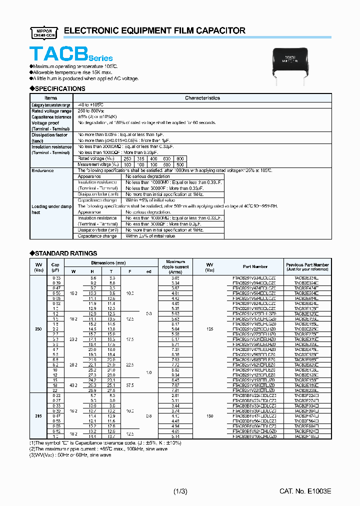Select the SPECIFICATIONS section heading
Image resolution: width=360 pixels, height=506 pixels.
(x=57, y=88)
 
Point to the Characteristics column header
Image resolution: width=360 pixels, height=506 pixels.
(x=202, y=98)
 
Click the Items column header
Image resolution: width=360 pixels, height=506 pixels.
(x=51, y=98)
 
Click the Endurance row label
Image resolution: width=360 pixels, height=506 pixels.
(x=42, y=170)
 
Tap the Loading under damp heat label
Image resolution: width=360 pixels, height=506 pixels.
(x=51, y=209)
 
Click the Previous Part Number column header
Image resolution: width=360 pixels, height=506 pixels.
(x=307, y=266)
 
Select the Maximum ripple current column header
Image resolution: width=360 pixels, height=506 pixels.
(x=175, y=266)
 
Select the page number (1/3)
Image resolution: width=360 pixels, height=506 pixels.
(x=180, y=492)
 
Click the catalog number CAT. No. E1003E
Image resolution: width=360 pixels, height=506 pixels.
(x=305, y=492)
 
